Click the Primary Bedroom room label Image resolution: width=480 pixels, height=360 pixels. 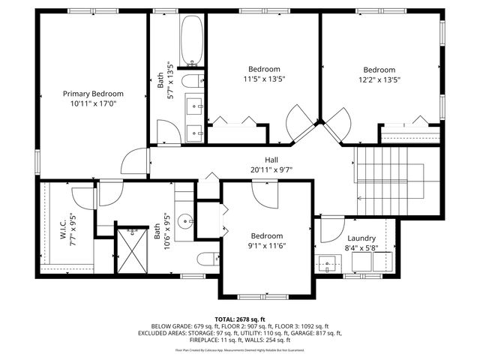coord(93,94)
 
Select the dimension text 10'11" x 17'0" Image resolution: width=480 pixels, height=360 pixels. coord(93,104)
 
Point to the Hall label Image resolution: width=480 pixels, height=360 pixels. coord(272,159)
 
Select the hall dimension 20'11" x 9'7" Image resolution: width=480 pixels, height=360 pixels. coord(272,169)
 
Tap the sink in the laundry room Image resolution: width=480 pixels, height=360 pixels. coord(328,263)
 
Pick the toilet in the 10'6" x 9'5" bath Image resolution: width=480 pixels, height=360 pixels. coord(207,259)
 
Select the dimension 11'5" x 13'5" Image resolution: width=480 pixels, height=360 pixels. coord(264,79)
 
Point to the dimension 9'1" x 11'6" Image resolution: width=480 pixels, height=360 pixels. coord(266,245)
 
